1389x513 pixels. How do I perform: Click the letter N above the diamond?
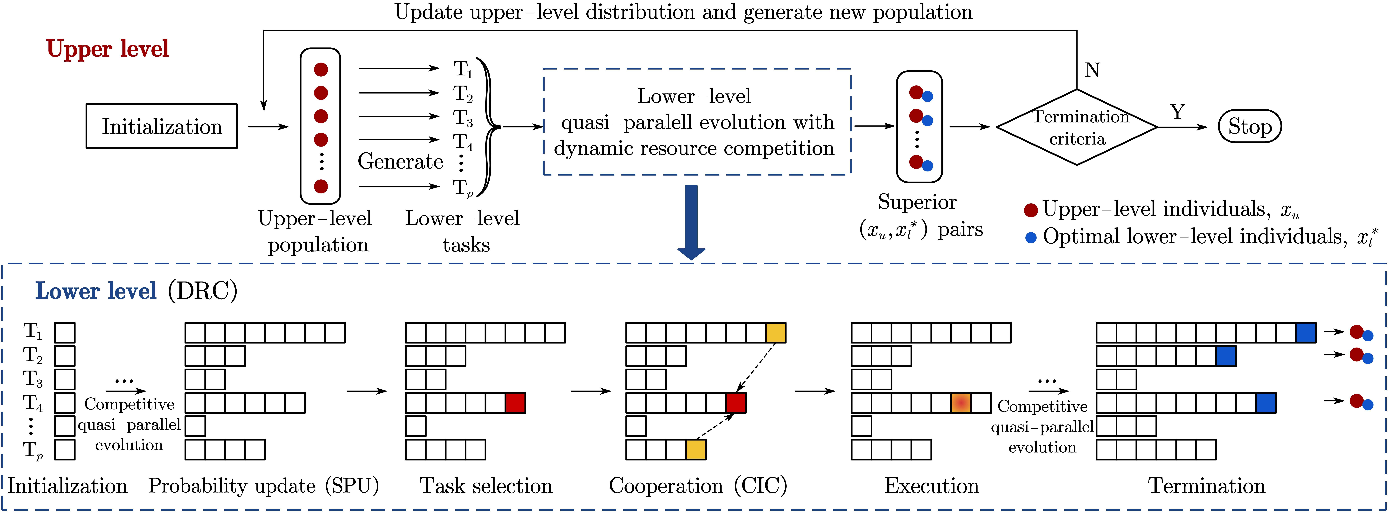click(x=1092, y=70)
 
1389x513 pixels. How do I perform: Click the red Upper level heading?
click(x=107, y=48)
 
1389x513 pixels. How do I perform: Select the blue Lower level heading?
click(x=95, y=291)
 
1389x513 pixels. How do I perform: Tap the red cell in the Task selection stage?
click(x=515, y=403)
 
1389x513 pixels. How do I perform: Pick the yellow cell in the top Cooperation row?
click(x=775, y=332)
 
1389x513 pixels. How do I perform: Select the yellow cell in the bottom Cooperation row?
click(x=696, y=449)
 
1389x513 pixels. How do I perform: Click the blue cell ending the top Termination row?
click(x=1305, y=332)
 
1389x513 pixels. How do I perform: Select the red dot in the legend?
click(x=1030, y=210)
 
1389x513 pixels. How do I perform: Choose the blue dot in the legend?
click(x=1030, y=238)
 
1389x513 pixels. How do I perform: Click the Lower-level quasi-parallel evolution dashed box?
click(x=697, y=122)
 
